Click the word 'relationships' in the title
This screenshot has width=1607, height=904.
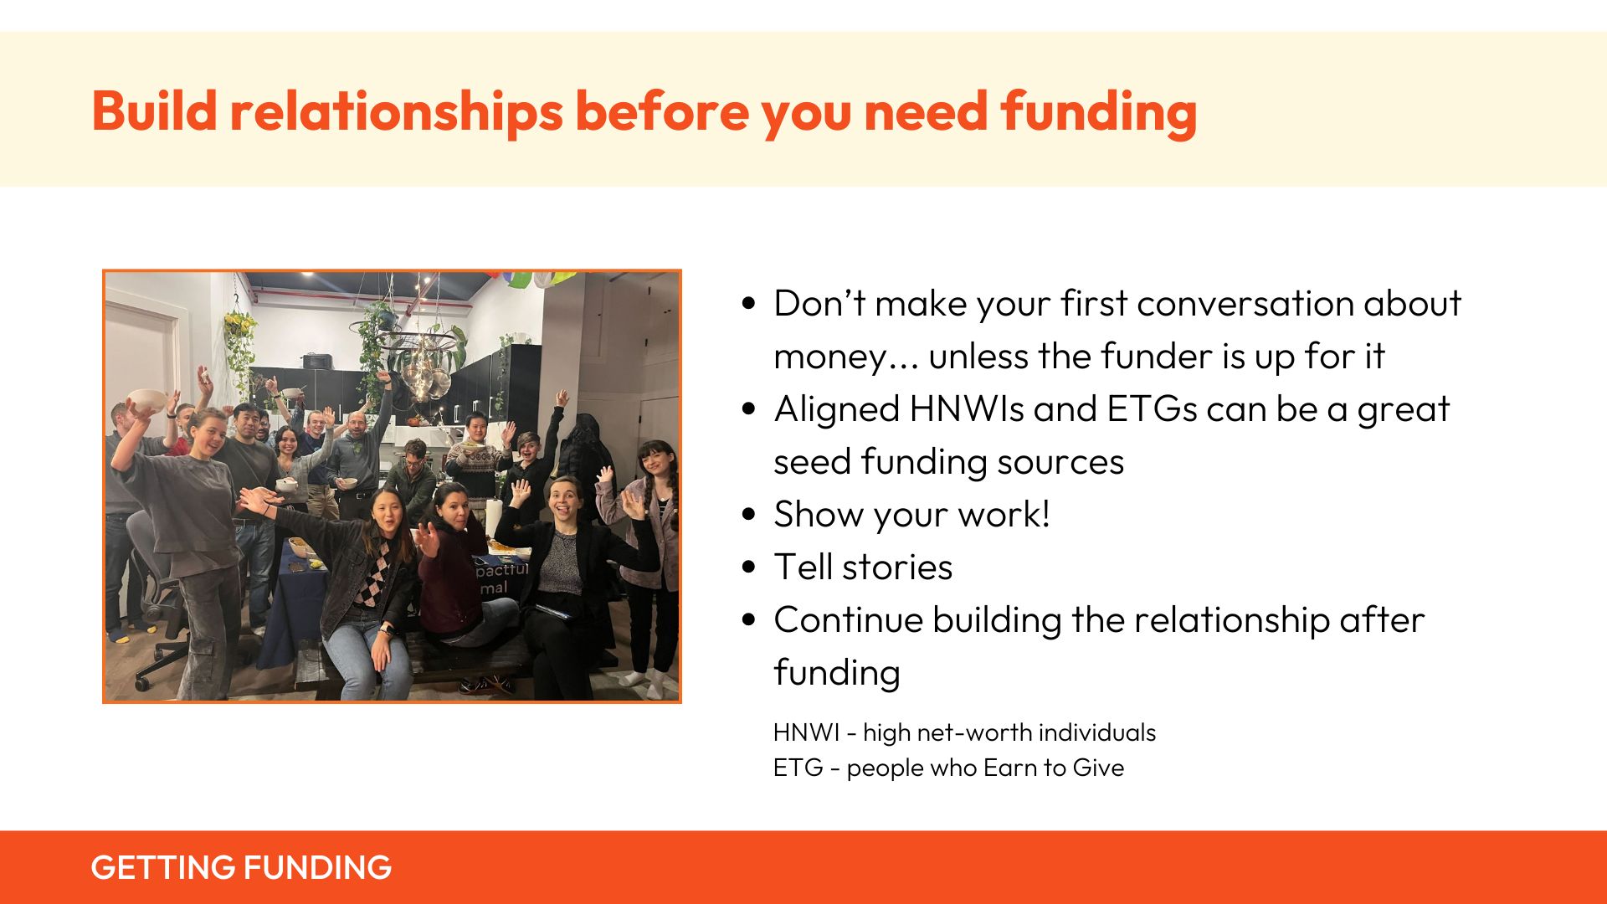point(396,112)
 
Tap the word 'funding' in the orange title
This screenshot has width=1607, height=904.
point(1098,112)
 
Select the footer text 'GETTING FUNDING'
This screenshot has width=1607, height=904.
point(241,867)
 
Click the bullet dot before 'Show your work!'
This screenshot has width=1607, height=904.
point(748,514)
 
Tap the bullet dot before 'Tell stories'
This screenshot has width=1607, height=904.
point(748,567)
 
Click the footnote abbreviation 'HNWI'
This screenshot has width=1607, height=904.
point(806,732)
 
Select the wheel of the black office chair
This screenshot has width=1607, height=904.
point(143,683)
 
